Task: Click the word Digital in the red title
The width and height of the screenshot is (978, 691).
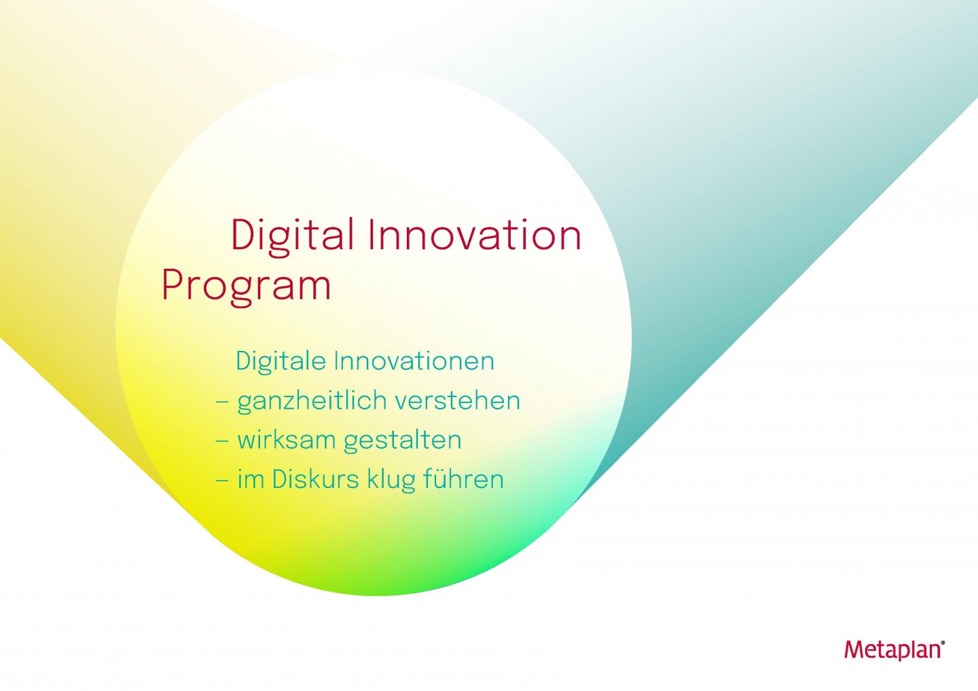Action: (x=292, y=236)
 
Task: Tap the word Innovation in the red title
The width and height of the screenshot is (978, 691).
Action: (x=474, y=236)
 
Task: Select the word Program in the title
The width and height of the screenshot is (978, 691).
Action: (x=246, y=285)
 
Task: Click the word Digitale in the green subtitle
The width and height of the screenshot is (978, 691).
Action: (x=280, y=361)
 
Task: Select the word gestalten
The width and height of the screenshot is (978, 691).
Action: (x=402, y=440)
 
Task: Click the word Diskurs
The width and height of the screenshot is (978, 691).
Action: (x=315, y=479)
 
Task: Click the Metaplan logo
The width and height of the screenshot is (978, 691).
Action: (x=892, y=650)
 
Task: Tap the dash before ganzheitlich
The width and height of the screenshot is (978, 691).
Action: (x=221, y=401)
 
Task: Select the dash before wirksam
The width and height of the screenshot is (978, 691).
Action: (x=221, y=441)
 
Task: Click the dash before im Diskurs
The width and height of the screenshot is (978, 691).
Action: (x=221, y=480)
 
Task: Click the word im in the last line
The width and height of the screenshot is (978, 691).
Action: (x=250, y=479)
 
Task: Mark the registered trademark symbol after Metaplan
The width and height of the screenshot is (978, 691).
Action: (x=943, y=641)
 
